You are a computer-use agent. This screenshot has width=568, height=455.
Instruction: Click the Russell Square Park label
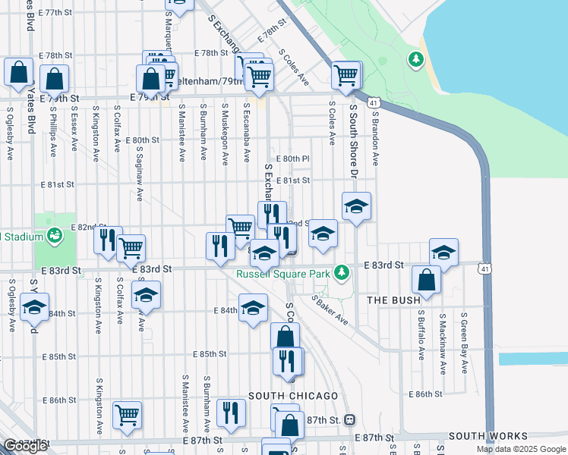282,274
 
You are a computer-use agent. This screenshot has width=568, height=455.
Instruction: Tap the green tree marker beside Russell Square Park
342,271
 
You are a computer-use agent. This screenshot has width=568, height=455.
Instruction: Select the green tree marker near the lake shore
415,58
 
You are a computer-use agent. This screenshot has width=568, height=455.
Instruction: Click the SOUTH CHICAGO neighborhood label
293,397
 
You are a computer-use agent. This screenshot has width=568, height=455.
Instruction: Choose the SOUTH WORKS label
488,436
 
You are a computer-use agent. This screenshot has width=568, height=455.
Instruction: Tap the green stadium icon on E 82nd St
54,235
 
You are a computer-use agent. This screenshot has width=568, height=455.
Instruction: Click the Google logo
24,446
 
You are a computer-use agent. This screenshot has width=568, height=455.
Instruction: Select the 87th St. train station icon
349,419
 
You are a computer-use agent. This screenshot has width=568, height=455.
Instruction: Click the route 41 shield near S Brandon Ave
373,102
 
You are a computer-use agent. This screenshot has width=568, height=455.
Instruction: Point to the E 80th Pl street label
295,158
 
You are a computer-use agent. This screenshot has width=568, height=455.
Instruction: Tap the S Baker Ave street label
330,310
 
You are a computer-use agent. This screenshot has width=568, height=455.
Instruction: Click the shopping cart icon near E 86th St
128,413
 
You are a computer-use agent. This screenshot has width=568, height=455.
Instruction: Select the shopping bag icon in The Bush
427,279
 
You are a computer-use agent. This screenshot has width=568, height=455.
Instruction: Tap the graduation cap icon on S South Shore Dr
355,206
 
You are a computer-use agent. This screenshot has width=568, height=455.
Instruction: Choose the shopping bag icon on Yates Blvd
19,72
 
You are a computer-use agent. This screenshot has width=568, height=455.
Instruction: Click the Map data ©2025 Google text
520,449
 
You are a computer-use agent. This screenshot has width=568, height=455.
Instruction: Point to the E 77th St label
62,13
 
